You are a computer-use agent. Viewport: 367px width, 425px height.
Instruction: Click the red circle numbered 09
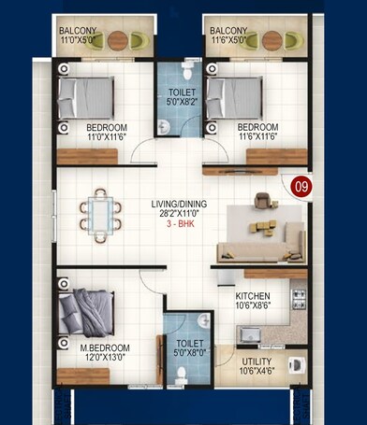[300, 184]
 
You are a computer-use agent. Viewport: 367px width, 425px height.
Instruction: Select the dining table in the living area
[101, 211]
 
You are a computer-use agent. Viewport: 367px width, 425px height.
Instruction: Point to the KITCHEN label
[253, 299]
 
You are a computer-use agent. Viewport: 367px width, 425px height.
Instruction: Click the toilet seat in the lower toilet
[183, 373]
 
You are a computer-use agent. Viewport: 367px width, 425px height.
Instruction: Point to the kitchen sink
[250, 333]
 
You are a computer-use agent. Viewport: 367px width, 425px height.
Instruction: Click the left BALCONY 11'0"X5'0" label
[83, 35]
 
